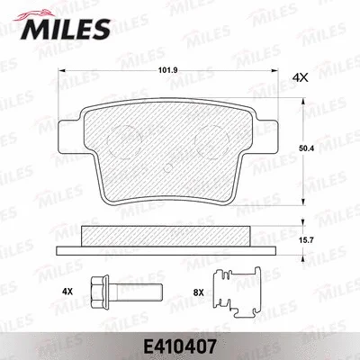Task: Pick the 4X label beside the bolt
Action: click(67, 292)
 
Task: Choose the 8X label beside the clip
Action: click(199, 292)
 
